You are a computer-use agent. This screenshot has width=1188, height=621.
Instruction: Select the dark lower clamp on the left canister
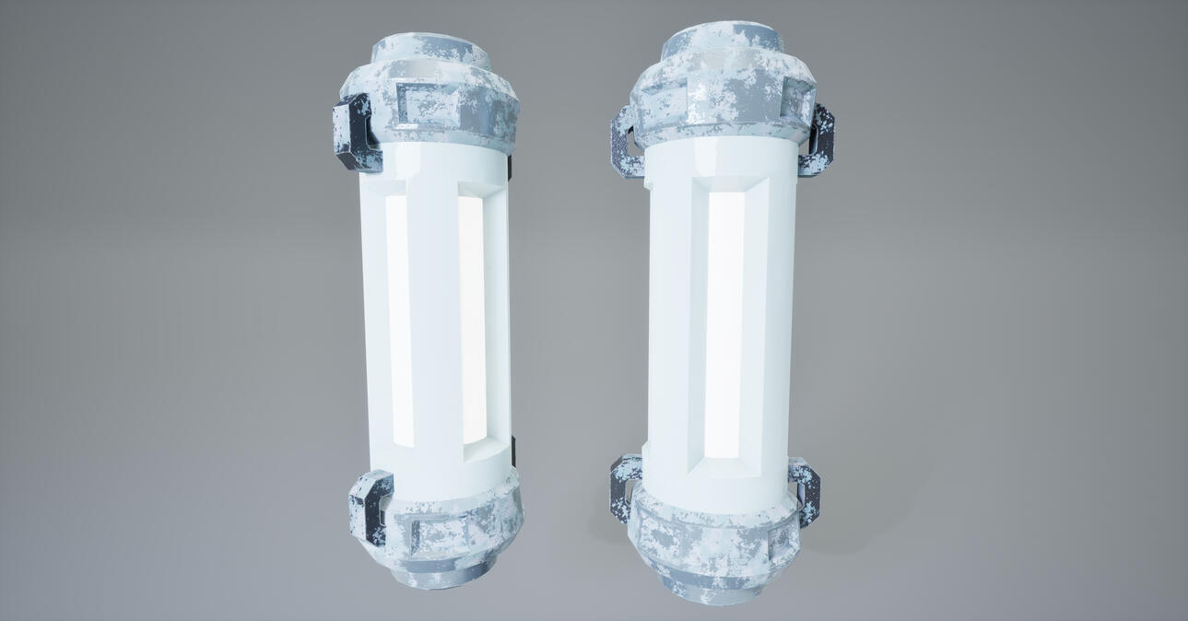click(371, 507)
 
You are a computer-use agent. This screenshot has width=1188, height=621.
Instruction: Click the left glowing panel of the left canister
click(397, 318)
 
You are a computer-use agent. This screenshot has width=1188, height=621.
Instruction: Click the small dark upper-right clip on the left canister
click(510, 166)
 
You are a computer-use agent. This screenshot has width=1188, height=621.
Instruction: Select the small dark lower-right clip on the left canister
click(512, 451)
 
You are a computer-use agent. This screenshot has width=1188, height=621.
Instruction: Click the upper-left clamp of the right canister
click(624, 143)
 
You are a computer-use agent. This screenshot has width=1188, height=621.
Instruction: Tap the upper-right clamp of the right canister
click(818, 140)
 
